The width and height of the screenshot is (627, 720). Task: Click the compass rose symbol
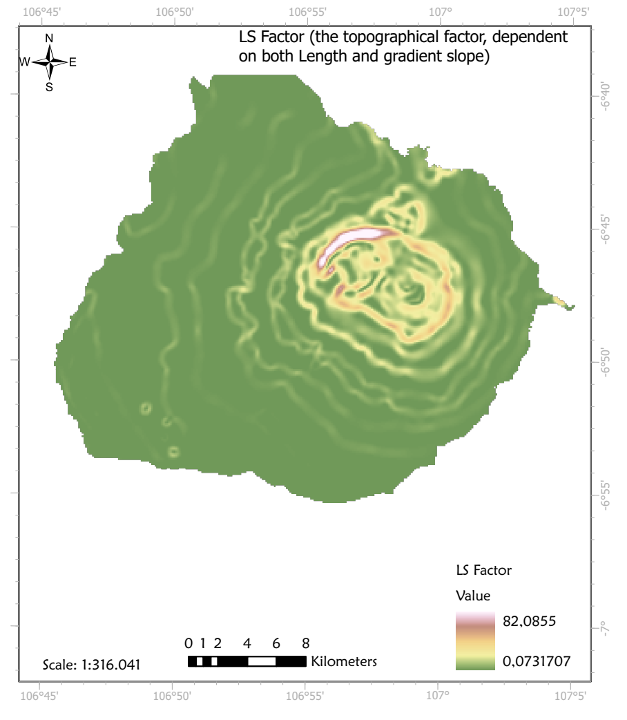[49, 61]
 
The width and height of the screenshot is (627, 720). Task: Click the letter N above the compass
[49, 38]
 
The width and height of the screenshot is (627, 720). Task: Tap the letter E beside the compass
[73, 62]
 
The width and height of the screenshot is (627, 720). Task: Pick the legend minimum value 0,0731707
[537, 662]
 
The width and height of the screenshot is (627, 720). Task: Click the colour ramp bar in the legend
[476, 641]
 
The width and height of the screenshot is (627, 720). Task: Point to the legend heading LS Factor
[483, 571]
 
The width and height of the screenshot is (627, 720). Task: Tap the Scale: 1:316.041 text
[92, 665]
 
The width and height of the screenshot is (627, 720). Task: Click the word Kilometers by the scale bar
[344, 661]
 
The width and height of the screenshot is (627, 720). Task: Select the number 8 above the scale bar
[305, 643]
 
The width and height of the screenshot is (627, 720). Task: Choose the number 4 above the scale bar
[247, 643]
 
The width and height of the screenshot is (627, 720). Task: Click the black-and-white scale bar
[247, 661]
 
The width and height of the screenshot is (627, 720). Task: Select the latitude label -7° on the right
[606, 628]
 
